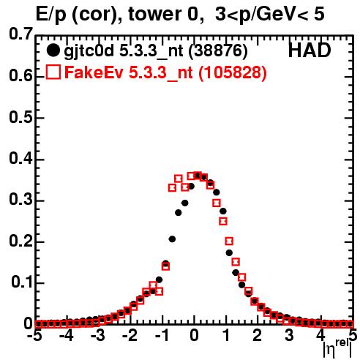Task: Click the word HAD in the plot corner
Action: tap(310, 50)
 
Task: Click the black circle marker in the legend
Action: tap(53, 50)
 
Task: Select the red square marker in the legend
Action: tap(53, 72)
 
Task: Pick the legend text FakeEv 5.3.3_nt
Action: tap(129, 72)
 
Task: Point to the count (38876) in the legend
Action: tap(218, 51)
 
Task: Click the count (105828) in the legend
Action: tap(233, 72)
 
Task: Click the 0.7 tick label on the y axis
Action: tap(20, 34)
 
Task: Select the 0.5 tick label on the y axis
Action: tap(20, 118)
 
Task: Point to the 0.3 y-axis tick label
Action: tap(20, 200)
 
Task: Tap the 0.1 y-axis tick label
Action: tap(22, 282)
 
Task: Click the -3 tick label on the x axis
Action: tap(98, 336)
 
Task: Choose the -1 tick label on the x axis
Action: tap(162, 336)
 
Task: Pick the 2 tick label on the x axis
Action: tap(258, 336)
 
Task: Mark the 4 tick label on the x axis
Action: tap(321, 336)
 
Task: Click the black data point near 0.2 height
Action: tap(172, 239)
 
